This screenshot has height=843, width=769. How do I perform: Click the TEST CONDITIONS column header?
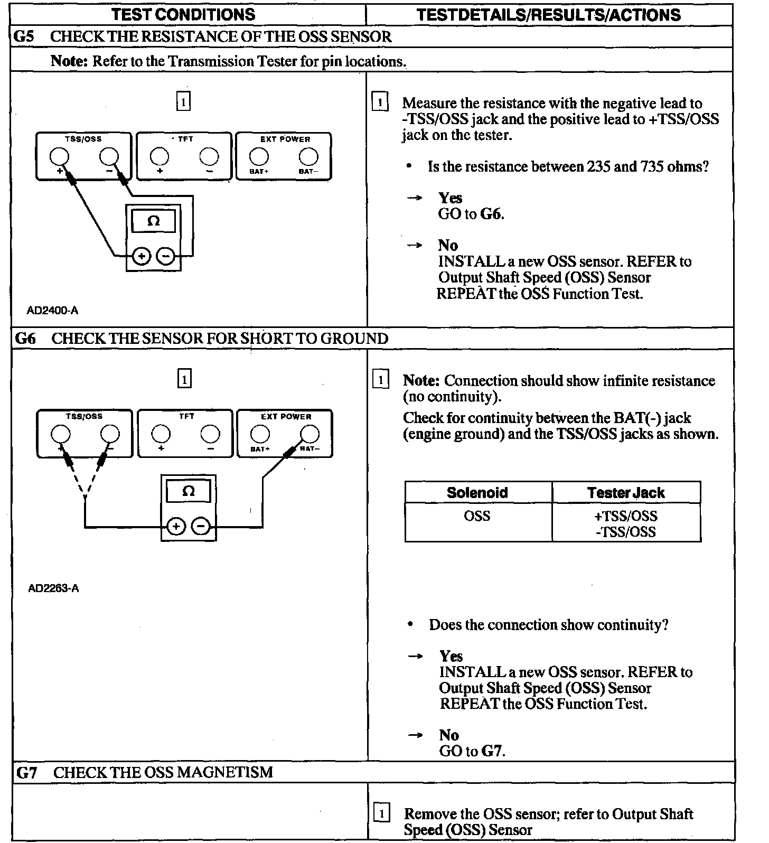click(x=183, y=14)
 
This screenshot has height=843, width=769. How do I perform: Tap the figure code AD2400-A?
click(x=52, y=311)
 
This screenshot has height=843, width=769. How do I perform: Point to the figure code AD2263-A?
click(x=53, y=588)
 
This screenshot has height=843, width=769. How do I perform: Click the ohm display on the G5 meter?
click(x=153, y=221)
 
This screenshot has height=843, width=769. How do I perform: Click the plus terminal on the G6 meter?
click(x=176, y=527)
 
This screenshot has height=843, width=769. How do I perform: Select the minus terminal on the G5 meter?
click(x=166, y=257)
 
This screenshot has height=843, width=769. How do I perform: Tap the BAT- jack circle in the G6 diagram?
click(x=310, y=434)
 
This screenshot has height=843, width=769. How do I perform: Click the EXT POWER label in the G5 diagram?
click(x=285, y=139)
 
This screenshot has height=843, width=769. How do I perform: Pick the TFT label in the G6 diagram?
click(x=186, y=416)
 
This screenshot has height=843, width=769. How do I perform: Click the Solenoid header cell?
click(x=477, y=493)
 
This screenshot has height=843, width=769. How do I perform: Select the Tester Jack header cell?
click(x=626, y=493)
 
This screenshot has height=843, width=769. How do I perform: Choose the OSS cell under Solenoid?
click(x=477, y=516)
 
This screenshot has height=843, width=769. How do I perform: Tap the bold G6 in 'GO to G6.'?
click(x=491, y=214)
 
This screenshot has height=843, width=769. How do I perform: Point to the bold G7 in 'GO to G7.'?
click(x=492, y=751)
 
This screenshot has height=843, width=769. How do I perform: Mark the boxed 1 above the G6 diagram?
click(x=184, y=379)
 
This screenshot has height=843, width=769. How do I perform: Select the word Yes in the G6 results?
click(x=451, y=656)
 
